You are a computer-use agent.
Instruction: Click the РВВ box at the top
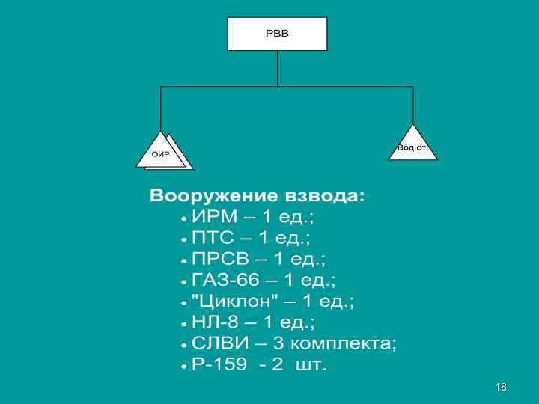[277, 34]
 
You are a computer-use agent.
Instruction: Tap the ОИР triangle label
[161, 154]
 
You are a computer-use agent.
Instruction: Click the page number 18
[501, 386]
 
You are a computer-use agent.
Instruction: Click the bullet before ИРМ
[184, 218]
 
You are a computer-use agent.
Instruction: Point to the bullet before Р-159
[184, 366]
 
